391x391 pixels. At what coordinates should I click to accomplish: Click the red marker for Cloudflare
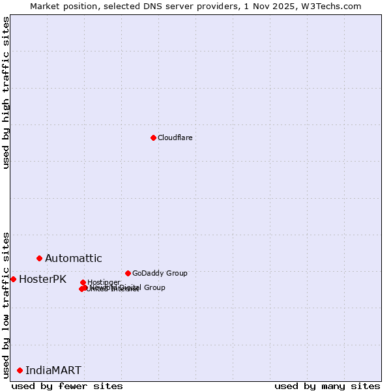pyautogui.click(x=153, y=138)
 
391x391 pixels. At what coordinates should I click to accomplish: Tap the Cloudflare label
pyautogui.click(x=175, y=138)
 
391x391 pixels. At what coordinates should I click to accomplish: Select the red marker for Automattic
pyautogui.click(x=39, y=259)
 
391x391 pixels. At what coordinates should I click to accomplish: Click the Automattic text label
pyautogui.click(x=73, y=259)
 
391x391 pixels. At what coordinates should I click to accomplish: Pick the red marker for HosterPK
pyautogui.click(x=13, y=279)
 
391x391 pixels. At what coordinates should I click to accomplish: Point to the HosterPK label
pyautogui.click(x=42, y=280)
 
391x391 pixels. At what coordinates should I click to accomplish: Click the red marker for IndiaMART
pyautogui.click(x=20, y=370)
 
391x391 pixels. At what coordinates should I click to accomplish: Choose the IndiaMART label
pyautogui.click(x=53, y=371)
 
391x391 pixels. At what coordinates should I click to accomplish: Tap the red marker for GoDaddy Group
pyautogui.click(x=128, y=273)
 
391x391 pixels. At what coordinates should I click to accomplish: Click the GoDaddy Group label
pyautogui.click(x=160, y=273)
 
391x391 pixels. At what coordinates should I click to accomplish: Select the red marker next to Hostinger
pyautogui.click(x=83, y=282)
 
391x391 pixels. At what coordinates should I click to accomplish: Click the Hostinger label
pyautogui.click(x=104, y=282)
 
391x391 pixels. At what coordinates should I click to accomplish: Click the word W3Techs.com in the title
pyautogui.click(x=335, y=6)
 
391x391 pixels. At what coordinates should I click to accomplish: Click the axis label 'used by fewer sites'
pyautogui.click(x=67, y=386)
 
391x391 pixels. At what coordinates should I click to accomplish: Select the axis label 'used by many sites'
pyautogui.click(x=327, y=386)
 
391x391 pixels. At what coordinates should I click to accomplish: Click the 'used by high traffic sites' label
pyautogui.click(x=6, y=93)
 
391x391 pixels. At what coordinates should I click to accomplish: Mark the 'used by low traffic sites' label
pyautogui.click(x=6, y=305)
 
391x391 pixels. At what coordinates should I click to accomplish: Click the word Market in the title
pyautogui.click(x=46, y=6)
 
